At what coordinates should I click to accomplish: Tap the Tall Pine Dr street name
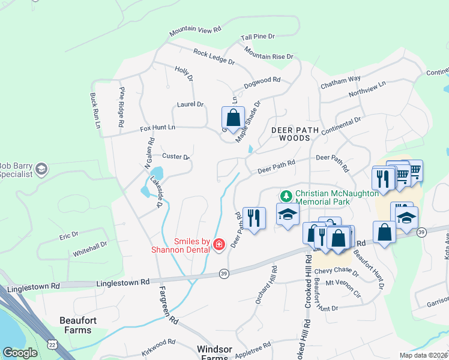258,37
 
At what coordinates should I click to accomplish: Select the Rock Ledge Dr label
214,56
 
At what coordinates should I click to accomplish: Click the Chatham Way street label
340,79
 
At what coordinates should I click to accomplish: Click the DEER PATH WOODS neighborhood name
291,133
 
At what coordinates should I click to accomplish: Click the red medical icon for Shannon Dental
219,244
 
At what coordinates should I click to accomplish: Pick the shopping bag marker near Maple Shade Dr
234,118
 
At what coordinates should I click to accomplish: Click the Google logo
20,353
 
